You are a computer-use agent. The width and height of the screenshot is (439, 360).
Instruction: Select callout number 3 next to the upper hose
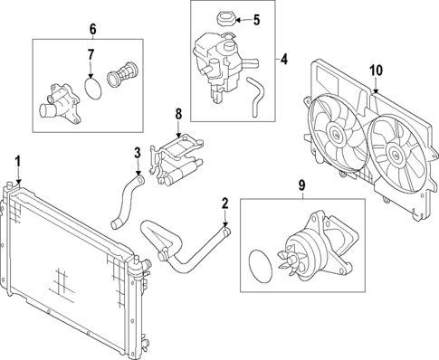tap(138, 153)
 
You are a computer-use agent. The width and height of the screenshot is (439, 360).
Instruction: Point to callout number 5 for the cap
tap(255, 19)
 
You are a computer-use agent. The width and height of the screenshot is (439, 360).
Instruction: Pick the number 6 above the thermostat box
tap(91, 29)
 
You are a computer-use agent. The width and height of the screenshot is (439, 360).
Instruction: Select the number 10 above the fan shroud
tap(376, 70)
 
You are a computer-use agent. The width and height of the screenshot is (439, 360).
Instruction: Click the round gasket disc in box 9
tap(262, 268)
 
